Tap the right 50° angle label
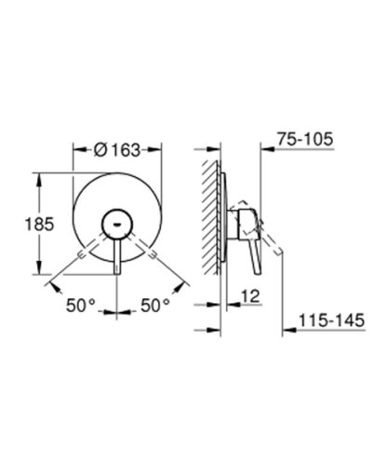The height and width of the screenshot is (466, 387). [x=154, y=305]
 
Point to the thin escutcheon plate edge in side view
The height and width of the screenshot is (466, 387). [x=222, y=224]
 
